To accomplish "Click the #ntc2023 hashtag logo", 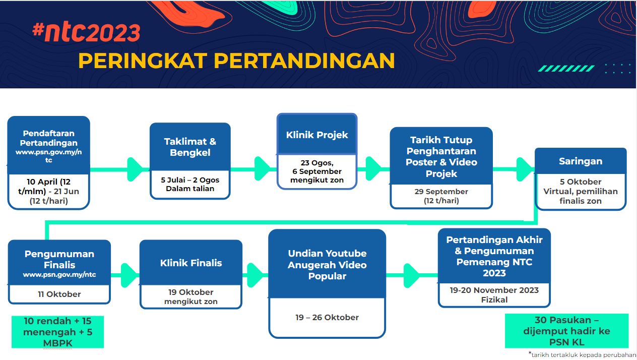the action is coord(86,32).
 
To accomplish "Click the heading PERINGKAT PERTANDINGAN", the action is coord(236,61).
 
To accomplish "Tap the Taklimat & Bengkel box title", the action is coord(190,147).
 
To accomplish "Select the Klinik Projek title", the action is coord(317,135).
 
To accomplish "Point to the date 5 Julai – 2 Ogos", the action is coord(190,180).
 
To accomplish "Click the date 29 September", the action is coord(441,192).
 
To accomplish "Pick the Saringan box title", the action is coord(581,161).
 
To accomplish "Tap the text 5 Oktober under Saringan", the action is coord(581,182).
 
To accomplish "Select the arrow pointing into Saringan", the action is coord(514,169).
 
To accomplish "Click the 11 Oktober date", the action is coord(59,294).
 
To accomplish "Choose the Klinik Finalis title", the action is coord(191,263).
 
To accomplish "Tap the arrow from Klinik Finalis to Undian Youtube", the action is coord(256,275).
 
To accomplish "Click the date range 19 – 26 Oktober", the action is coord(327,317).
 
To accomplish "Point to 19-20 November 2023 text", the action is coord(494,290).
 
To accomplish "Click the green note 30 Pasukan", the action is coord(566,331).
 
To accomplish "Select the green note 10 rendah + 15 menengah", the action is coord(58,332).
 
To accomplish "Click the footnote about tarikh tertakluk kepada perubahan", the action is coord(582,354).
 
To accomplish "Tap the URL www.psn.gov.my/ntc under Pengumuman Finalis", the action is coord(59,275).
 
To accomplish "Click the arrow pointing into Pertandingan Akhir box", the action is coord(412,275).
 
